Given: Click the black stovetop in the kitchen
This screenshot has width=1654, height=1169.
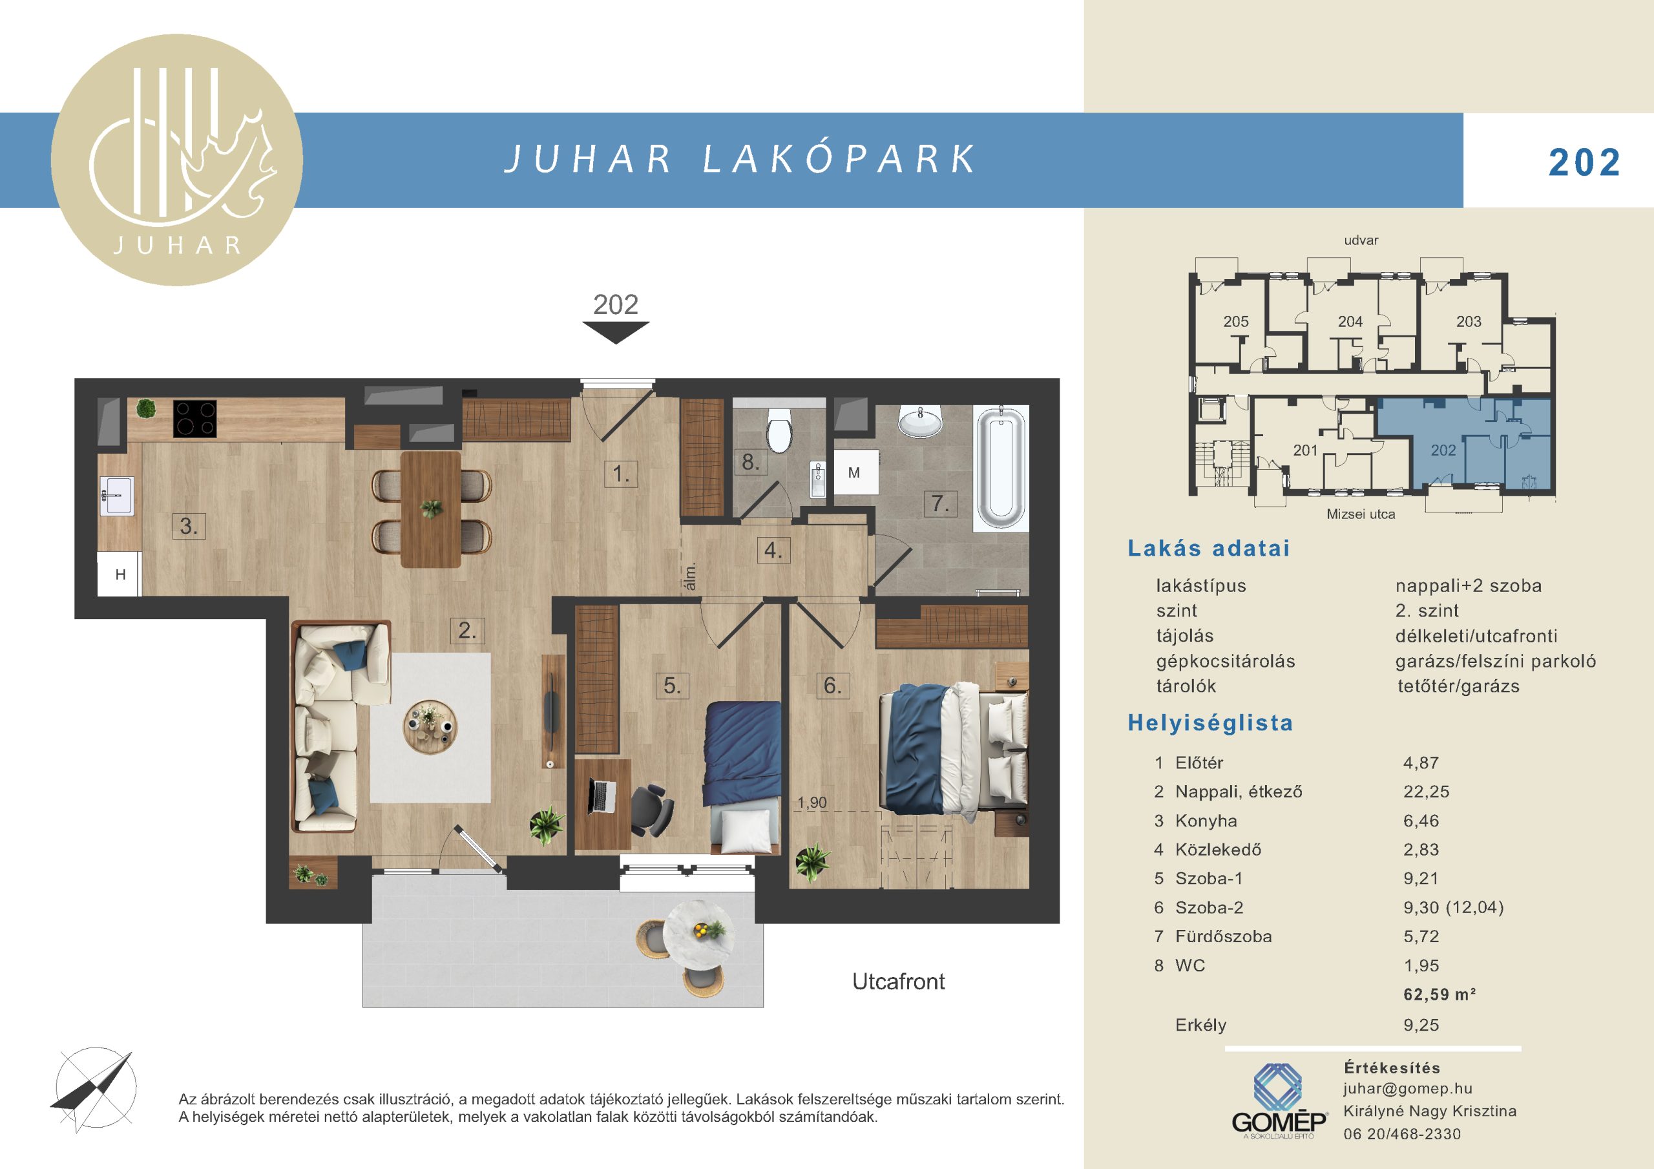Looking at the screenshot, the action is click(x=195, y=419).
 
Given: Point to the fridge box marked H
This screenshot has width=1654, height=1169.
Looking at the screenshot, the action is click(x=120, y=574).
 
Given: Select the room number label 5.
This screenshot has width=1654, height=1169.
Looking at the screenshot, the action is click(x=672, y=685).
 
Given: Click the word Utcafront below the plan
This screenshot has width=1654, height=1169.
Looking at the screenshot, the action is click(x=898, y=981).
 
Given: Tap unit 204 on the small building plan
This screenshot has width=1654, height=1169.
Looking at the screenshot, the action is click(x=1350, y=322).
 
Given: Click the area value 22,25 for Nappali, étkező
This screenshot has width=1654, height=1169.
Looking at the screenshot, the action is click(x=1427, y=792).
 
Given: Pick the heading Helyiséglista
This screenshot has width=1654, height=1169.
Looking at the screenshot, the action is click(x=1210, y=723).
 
